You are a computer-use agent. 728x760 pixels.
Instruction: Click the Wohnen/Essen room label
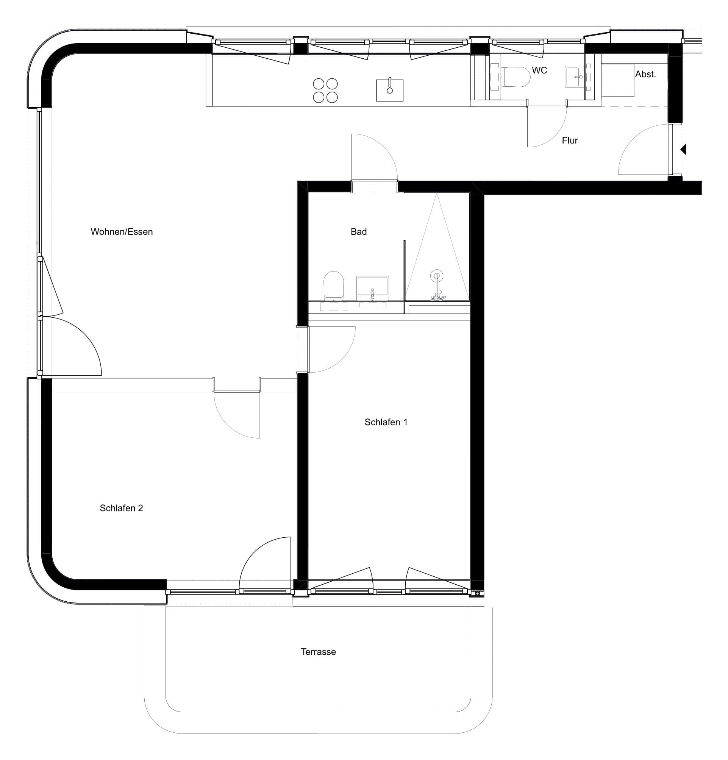point(122,231)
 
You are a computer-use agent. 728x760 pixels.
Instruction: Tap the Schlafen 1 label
point(386,422)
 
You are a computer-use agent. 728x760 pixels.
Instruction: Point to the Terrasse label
point(318,652)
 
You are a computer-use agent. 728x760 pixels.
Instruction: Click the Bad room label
point(358,231)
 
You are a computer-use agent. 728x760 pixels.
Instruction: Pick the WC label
point(539,70)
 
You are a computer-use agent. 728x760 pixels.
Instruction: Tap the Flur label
point(570,140)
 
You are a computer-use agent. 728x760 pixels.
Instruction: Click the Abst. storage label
point(645,74)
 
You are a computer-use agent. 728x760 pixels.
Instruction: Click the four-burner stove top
point(325,91)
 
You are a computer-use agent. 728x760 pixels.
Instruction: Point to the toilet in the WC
point(516,76)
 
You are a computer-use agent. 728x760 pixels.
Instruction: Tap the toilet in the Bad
point(334,286)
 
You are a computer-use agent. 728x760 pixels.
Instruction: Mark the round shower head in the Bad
point(437,276)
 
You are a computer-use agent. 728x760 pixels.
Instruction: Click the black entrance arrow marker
point(683,149)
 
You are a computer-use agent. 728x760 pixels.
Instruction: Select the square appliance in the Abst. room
point(617,80)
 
